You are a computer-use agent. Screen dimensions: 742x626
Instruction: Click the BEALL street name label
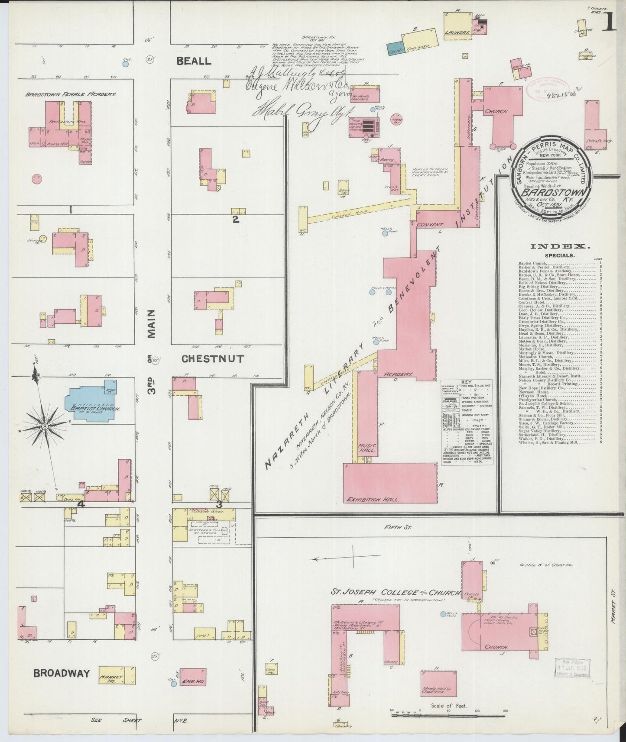click(194, 61)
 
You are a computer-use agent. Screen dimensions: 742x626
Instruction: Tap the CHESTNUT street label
click(212, 359)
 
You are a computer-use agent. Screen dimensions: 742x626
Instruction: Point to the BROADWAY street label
click(62, 685)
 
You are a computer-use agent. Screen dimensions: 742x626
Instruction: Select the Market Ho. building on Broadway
click(117, 686)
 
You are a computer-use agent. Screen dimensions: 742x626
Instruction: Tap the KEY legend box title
click(467, 382)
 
